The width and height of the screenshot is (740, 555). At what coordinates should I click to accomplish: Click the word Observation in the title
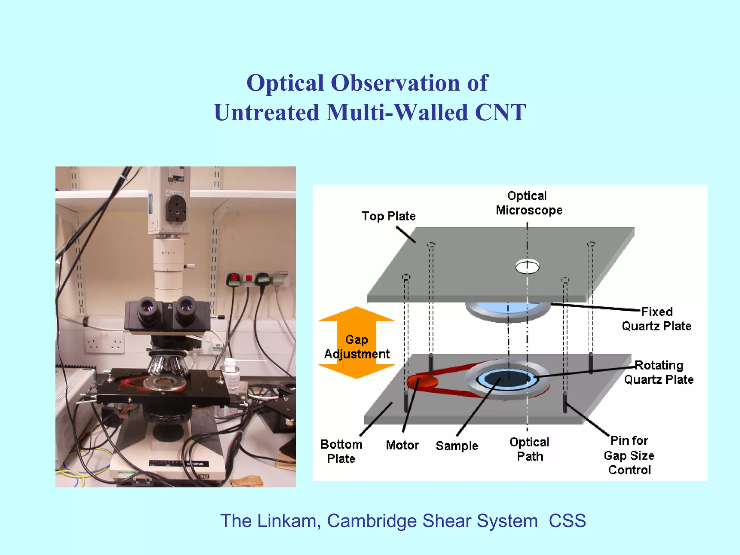tap(396, 83)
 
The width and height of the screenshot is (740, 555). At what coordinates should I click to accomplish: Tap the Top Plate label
tap(388, 216)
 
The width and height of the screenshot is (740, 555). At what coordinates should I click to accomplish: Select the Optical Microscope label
tap(529, 203)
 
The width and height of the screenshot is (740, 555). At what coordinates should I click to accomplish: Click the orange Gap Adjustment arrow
tap(357, 343)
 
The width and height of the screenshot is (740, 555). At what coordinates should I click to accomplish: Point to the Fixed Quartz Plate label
tap(657, 319)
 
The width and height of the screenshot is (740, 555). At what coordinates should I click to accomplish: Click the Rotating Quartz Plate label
tap(659, 373)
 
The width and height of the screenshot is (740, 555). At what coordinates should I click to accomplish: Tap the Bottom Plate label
tap(341, 451)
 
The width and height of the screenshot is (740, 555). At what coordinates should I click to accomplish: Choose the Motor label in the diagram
tap(402, 445)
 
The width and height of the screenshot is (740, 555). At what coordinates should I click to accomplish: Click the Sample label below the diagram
tap(457, 446)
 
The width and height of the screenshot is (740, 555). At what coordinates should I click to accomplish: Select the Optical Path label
tap(529, 449)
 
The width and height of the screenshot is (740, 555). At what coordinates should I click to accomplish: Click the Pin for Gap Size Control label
tap(629, 455)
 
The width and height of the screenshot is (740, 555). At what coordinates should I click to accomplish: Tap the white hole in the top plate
tap(527, 267)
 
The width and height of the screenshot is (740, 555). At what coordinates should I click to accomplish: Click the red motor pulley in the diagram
tap(422, 382)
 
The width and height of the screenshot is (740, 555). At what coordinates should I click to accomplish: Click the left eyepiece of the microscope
tap(147, 307)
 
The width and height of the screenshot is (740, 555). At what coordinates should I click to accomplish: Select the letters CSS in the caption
tap(567, 521)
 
